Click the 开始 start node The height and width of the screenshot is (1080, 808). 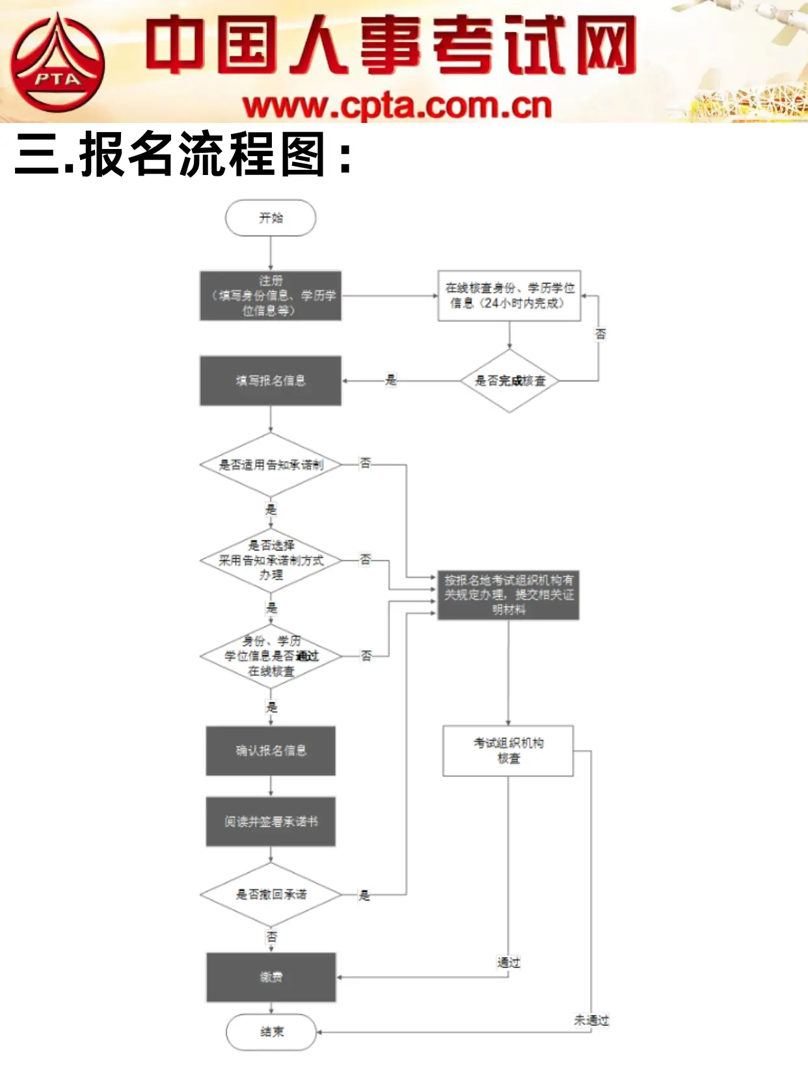(271, 218)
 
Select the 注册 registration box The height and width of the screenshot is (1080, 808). (271, 296)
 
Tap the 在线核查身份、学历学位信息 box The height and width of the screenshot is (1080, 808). (509, 296)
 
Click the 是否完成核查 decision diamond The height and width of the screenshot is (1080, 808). (509, 381)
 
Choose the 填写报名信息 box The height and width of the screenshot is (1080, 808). (271, 381)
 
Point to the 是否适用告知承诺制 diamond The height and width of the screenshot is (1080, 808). (271, 465)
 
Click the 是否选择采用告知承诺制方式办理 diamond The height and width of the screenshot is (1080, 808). (271, 560)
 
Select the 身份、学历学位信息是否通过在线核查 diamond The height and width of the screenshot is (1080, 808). (271, 656)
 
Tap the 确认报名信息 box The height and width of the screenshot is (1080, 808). (271, 751)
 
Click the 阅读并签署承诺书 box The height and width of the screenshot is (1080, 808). (271, 822)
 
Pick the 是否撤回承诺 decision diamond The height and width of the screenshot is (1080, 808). (271, 895)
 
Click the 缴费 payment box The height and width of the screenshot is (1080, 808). (271, 977)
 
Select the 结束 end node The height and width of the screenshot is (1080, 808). (271, 1032)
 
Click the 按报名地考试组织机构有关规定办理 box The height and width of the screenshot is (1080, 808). (509, 595)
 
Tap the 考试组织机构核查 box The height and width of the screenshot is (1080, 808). (508, 751)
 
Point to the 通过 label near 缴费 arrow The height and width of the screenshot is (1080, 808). (509, 962)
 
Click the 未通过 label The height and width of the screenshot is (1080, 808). (591, 1020)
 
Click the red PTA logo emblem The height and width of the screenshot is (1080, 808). (57, 63)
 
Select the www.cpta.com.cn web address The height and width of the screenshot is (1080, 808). (397, 106)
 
